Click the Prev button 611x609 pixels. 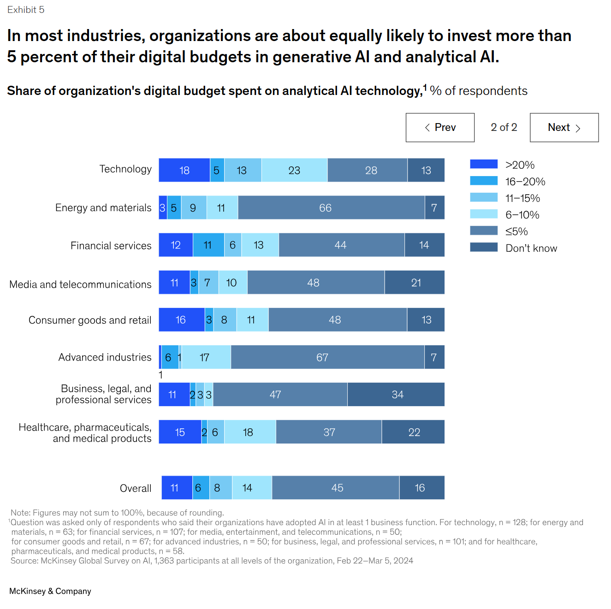click(x=440, y=128)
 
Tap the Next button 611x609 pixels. click(x=564, y=128)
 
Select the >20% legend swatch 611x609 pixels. click(x=484, y=164)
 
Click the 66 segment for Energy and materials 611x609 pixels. click(x=331, y=207)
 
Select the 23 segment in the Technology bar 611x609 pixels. click(x=294, y=170)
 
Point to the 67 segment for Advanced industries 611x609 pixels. click(x=327, y=357)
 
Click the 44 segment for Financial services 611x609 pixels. click(x=341, y=245)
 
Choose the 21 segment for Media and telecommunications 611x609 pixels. click(x=415, y=283)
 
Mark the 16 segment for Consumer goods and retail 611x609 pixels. click(x=181, y=320)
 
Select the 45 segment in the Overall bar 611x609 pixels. click(x=336, y=488)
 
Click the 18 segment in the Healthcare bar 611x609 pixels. click(x=250, y=432)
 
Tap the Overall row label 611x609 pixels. click(x=136, y=488)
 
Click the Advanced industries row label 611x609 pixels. click(x=105, y=357)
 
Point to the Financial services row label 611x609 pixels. click(x=111, y=246)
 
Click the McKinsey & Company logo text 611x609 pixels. click(x=50, y=591)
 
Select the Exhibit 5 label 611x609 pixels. click(x=26, y=10)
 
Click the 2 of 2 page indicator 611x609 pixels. click(x=504, y=127)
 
